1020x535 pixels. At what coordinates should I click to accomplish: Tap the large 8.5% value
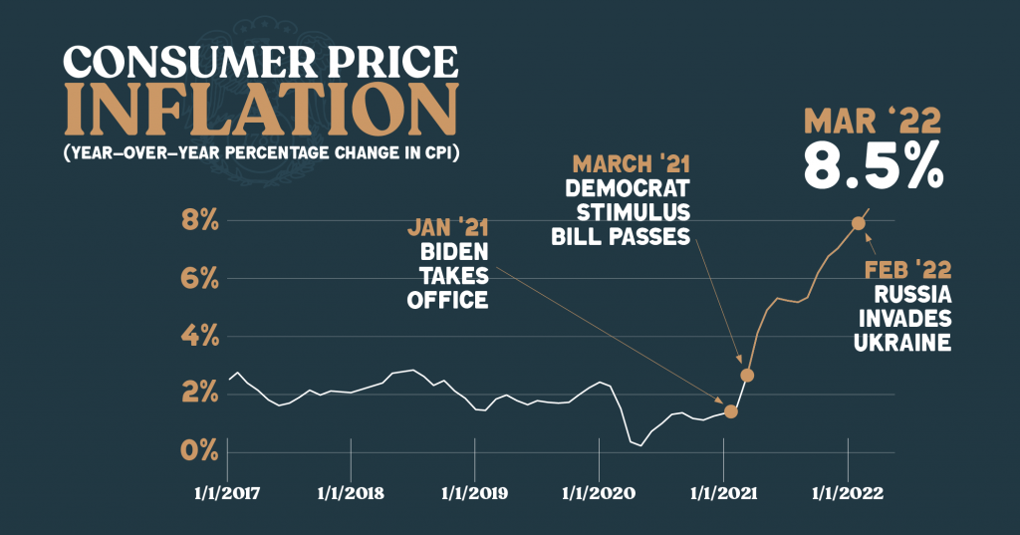[873, 167]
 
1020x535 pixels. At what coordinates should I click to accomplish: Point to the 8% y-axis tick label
[199, 220]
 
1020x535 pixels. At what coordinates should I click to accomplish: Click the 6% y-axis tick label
[199, 278]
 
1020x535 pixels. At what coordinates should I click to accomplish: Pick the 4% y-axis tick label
[199, 336]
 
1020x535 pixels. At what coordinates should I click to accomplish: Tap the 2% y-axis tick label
[199, 394]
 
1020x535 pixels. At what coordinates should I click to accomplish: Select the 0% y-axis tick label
[199, 450]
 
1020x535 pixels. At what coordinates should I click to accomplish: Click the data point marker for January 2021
[731, 411]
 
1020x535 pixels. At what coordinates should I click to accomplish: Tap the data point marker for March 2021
[747, 375]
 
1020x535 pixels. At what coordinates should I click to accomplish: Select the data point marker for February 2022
[857, 223]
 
